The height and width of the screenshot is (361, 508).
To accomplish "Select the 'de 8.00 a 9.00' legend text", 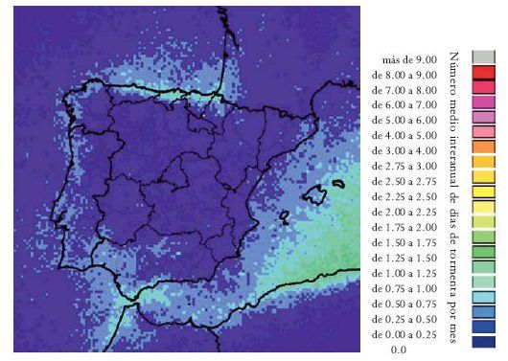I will [405, 75].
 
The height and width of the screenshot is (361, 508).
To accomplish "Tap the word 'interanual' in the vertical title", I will [453, 152].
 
